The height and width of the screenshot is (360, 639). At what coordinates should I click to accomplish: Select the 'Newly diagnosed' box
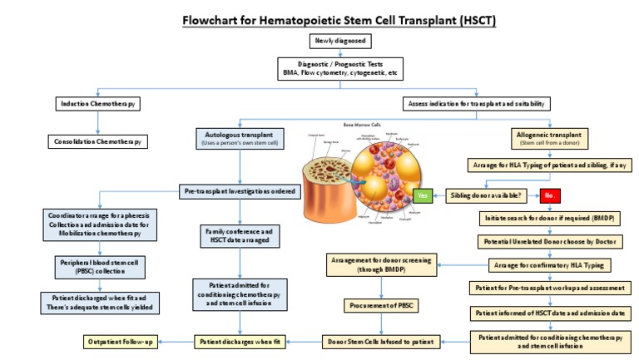341,40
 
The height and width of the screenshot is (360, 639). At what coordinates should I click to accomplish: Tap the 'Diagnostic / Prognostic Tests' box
340,68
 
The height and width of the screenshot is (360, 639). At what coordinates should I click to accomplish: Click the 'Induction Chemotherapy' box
97,104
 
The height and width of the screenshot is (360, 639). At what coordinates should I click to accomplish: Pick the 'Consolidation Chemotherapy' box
97,141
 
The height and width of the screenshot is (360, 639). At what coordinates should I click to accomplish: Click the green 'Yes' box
423,196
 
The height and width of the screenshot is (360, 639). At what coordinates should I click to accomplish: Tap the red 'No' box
550,196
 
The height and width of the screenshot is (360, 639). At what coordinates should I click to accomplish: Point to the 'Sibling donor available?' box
486,196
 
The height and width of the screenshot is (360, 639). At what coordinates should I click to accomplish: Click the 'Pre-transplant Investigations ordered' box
240,191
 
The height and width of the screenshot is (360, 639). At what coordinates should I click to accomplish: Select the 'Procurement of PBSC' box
381,305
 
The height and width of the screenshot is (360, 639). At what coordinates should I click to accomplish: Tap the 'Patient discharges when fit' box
240,341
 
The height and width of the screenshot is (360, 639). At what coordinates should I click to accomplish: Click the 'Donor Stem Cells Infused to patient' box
381,341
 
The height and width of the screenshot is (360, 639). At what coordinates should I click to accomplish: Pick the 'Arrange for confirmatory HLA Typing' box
549,265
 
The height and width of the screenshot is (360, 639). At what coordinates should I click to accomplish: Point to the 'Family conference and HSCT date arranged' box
240,235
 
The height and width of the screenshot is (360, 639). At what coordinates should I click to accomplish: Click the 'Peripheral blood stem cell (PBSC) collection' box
97,266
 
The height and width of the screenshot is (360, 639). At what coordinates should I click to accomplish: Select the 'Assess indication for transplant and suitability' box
476,104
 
